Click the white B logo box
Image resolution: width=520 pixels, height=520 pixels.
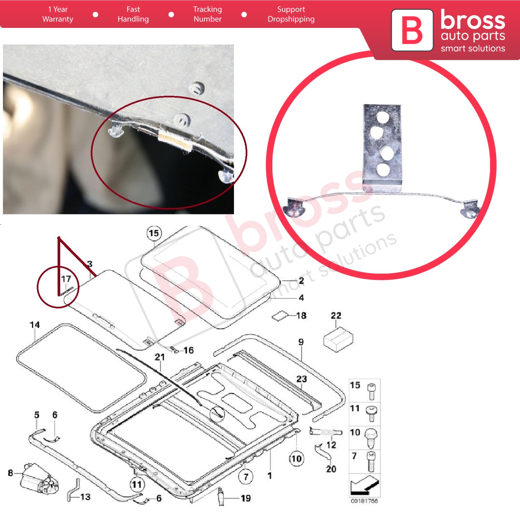tap(412, 30)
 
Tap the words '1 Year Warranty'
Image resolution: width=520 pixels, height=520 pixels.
tap(58, 14)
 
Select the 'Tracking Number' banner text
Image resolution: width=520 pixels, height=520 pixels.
tap(207, 14)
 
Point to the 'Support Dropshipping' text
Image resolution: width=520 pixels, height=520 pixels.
tap(291, 14)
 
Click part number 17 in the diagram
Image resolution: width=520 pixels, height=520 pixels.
tap(66, 279)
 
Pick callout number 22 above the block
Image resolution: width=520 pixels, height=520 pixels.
tap(336, 316)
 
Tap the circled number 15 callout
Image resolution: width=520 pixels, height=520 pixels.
tap(154, 233)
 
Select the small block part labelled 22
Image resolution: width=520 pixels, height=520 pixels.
tap(338, 339)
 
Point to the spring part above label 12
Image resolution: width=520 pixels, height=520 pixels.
tap(326, 432)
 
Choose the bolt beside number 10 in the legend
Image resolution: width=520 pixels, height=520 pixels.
tap(371, 437)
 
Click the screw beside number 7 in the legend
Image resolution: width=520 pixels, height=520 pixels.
tap(372, 461)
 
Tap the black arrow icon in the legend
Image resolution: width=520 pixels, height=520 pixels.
tap(365, 485)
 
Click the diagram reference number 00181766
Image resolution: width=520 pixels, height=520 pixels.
tap(364, 501)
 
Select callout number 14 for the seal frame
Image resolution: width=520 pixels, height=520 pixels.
tap(35, 325)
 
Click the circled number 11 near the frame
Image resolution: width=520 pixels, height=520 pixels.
tap(137, 485)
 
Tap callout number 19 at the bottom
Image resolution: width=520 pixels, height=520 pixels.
tap(246, 498)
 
